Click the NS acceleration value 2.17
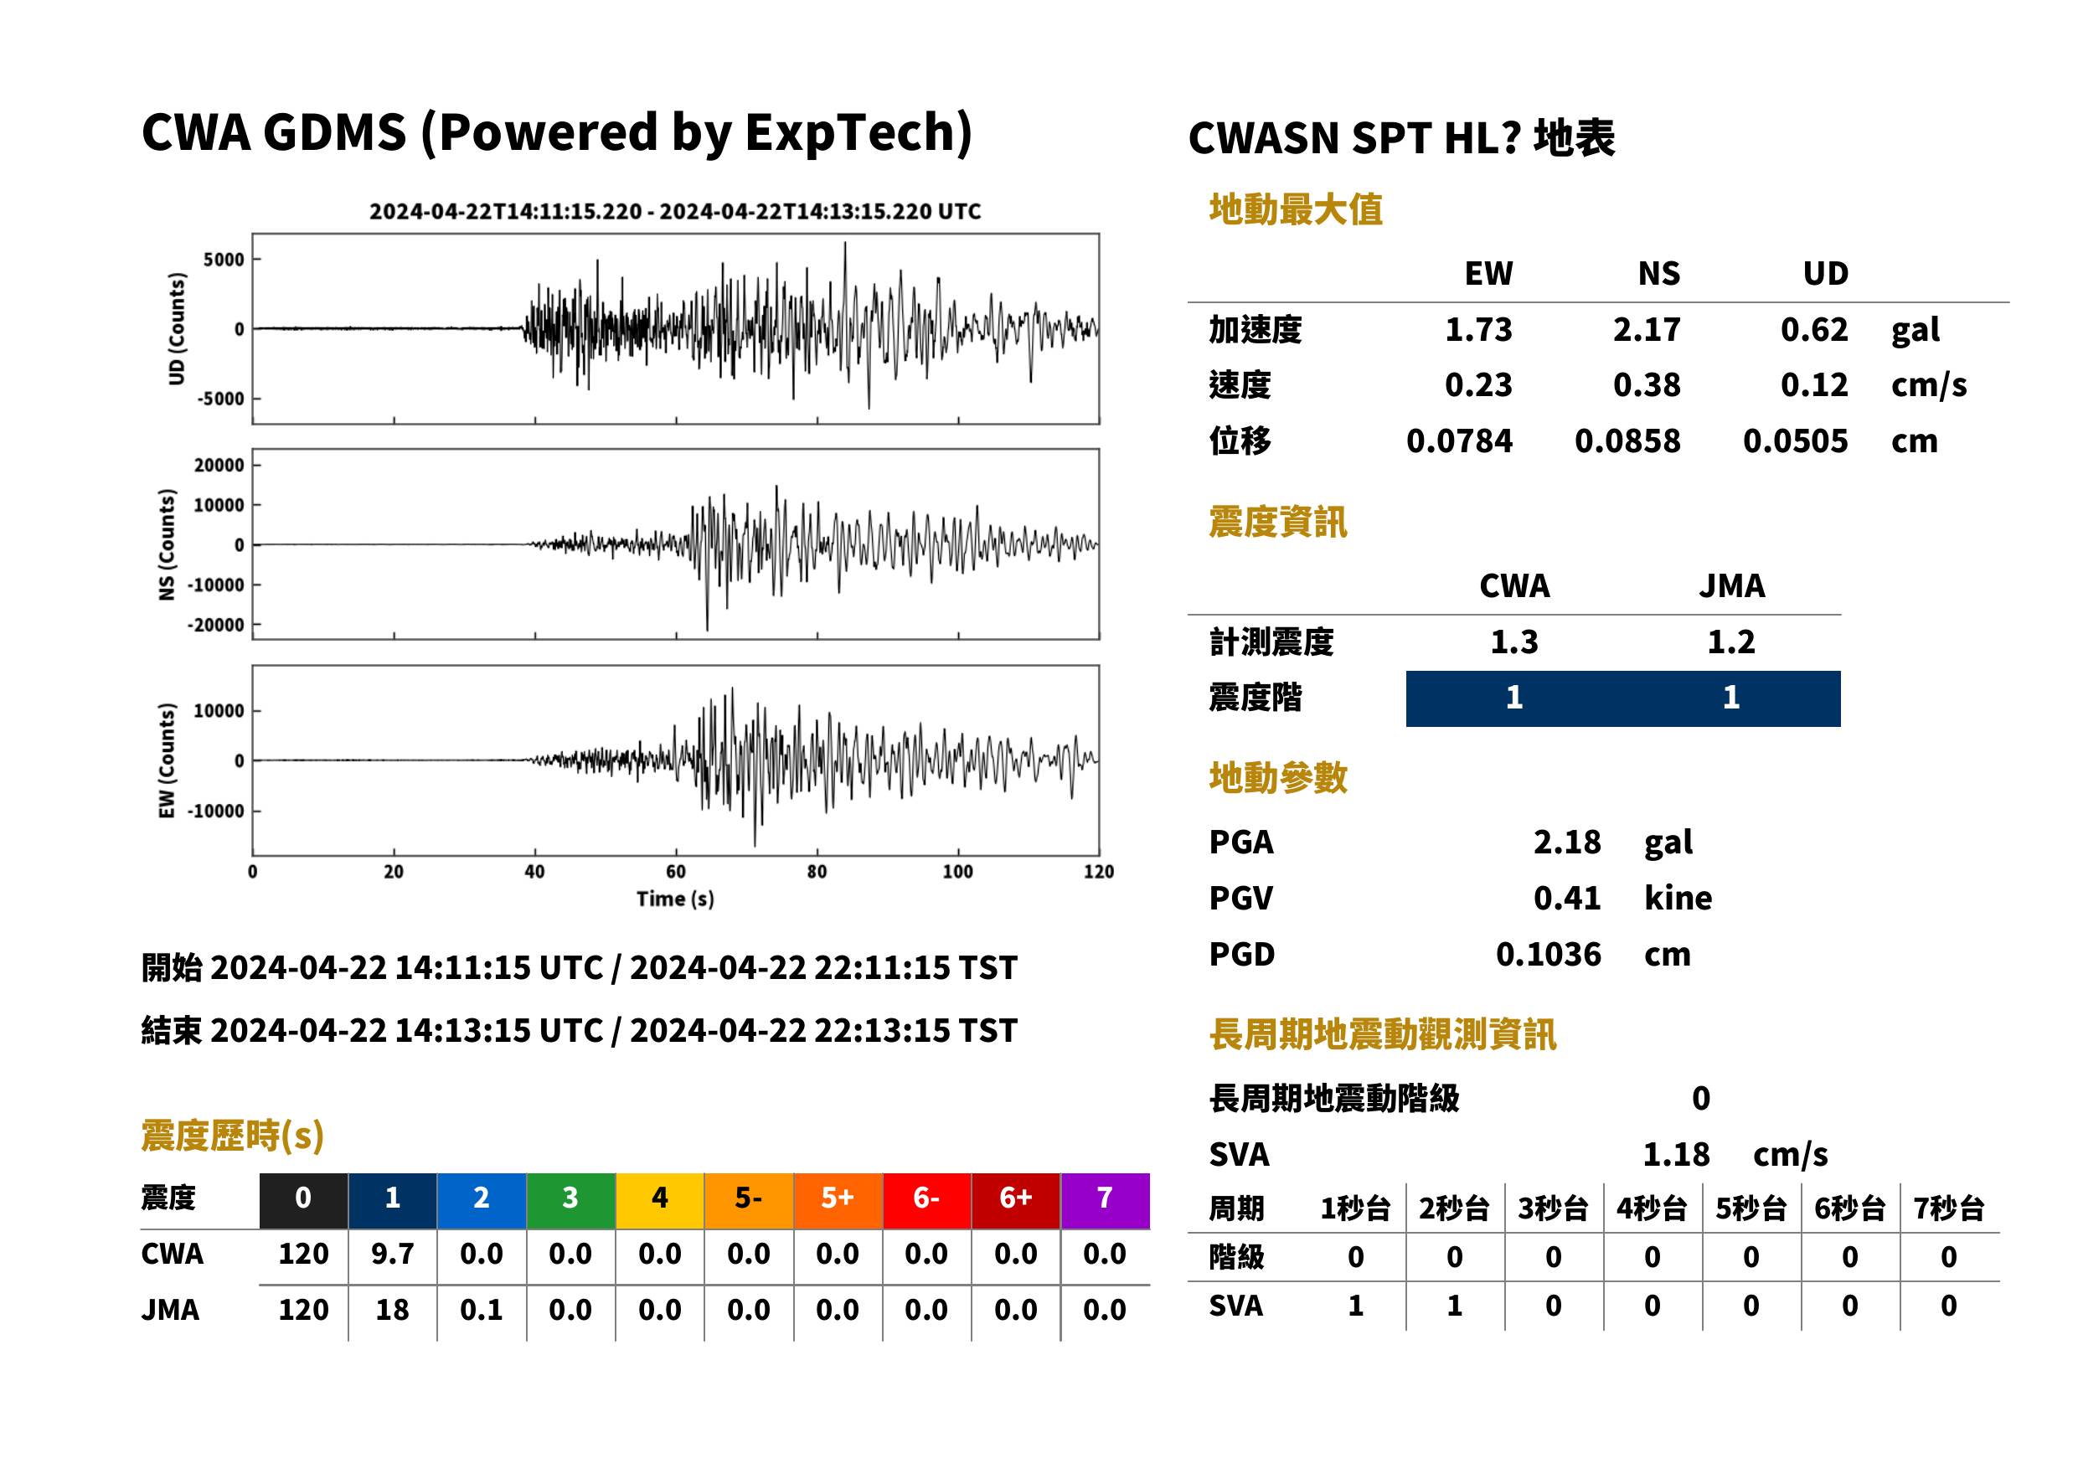1646,329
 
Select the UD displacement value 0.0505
1795,441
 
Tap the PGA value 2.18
1566,842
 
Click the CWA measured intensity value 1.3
1514,642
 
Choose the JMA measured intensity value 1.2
1730,642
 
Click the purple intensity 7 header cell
1105,1200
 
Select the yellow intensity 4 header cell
660,1200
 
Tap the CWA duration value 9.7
392,1254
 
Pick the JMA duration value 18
392,1310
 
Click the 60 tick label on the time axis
675,872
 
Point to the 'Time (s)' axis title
675,899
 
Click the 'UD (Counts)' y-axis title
177,329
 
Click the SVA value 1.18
1676,1154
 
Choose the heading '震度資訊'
1277,522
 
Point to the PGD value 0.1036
1548,954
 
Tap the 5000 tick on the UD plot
224,260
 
